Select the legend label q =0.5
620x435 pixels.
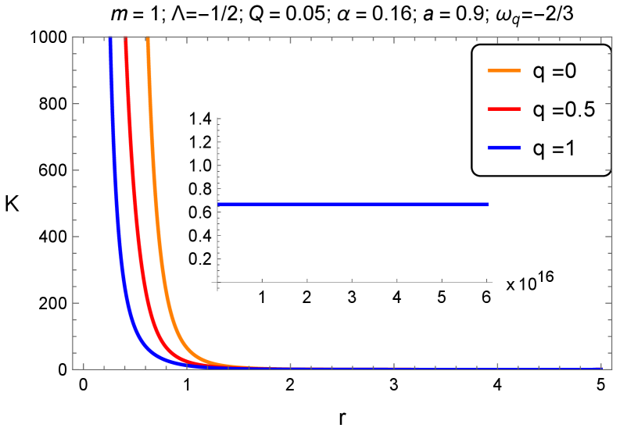point(564,109)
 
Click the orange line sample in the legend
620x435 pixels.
point(504,71)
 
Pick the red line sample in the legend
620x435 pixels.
point(504,109)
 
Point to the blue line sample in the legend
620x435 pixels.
point(504,148)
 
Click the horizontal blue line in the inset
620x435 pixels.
point(352,204)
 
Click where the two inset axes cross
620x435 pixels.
point(217,282)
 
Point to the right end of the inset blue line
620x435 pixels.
point(488,204)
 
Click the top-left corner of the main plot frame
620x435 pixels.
point(73,37)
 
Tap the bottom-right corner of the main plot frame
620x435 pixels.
point(609,369)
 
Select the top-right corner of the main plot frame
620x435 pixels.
point(609,37)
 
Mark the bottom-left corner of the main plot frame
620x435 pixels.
point(73,369)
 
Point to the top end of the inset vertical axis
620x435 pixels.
point(217,118)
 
